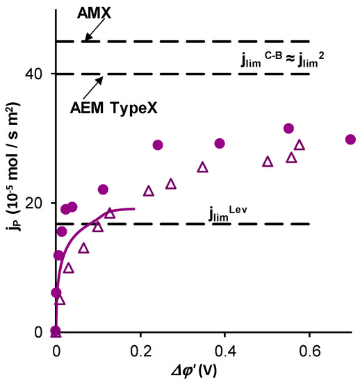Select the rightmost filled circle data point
click(350, 139)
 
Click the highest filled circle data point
click(288, 128)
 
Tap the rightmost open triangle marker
click(300, 145)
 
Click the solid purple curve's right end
click(133, 208)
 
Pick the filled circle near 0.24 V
click(158, 145)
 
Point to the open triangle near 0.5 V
click(268, 162)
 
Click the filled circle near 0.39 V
click(220, 143)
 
